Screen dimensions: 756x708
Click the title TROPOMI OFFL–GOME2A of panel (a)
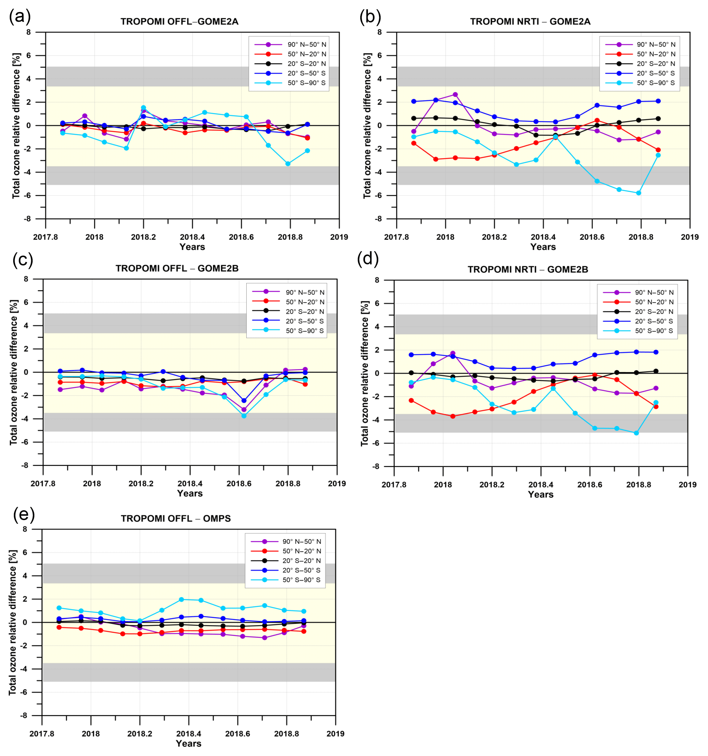pos(179,22)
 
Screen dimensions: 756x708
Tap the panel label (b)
pos(370,17)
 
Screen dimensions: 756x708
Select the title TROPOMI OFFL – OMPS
pos(176,519)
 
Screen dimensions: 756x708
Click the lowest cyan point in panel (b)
pos(638,193)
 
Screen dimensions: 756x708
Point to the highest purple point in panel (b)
pos(455,94)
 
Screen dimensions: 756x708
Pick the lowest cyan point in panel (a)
pos(288,164)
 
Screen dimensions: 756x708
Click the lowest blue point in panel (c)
pos(244,401)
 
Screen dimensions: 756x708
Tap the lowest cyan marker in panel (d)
pos(636,433)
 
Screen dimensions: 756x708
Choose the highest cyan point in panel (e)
pos(181,600)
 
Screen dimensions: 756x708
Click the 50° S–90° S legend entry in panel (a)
pos(306,83)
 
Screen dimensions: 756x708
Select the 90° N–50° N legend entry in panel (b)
pos(656,44)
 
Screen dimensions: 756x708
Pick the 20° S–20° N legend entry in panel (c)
pos(305,311)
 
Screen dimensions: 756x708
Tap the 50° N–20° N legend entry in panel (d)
pos(654,302)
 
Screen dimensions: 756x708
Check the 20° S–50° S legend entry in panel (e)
pos(301,570)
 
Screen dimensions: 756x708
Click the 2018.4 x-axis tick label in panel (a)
pos(192,237)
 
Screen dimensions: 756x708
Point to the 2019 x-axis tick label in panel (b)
pos(689,237)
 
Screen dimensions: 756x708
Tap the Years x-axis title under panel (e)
pos(188,744)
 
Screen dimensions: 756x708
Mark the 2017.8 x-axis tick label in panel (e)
pos(42,734)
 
